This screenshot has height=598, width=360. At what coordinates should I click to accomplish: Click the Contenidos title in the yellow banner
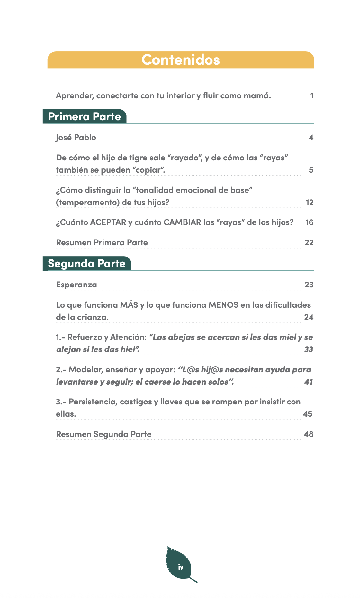(181, 60)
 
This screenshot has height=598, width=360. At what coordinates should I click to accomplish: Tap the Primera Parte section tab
(85, 116)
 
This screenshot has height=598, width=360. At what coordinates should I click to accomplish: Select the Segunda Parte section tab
(87, 264)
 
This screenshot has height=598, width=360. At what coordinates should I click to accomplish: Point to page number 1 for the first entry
(312, 96)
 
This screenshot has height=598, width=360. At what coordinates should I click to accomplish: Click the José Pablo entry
(76, 138)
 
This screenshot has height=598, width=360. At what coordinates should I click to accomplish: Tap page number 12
(309, 203)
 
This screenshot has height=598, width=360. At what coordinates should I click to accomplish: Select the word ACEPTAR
(108, 222)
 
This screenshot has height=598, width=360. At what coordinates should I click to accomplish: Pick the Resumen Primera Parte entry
(102, 243)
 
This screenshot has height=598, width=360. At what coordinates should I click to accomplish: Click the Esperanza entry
(76, 285)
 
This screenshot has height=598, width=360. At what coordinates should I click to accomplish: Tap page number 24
(309, 317)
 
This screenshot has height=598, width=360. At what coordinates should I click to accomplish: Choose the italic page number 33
(309, 349)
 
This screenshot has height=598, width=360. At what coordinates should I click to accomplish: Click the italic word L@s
(190, 370)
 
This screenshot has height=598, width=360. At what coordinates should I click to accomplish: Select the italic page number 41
(308, 382)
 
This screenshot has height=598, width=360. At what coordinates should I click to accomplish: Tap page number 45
(307, 414)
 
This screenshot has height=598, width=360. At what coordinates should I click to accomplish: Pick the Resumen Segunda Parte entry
(104, 434)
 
